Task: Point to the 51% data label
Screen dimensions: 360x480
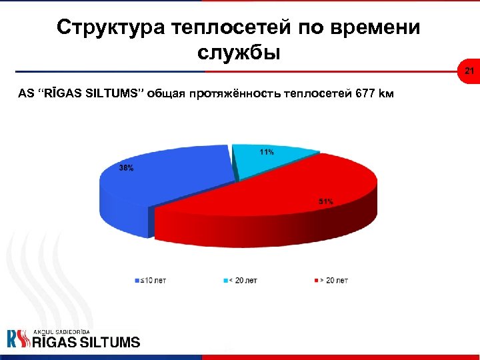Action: [326, 201]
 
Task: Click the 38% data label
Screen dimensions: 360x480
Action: [126, 169]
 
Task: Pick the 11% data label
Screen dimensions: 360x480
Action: [267, 152]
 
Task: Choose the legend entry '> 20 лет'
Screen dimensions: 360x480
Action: [333, 281]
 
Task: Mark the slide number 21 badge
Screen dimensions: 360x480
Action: [469, 71]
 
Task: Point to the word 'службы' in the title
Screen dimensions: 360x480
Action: [239, 52]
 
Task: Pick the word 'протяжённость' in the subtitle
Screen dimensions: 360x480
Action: [231, 93]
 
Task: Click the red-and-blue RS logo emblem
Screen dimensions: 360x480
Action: [18, 339]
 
